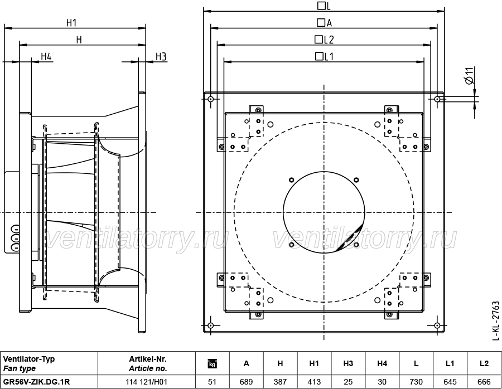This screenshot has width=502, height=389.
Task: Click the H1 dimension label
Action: click(x=72, y=23)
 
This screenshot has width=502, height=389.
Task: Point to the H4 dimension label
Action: click(x=46, y=57)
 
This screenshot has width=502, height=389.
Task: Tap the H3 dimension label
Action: click(x=161, y=57)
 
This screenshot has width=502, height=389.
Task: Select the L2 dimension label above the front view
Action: click(x=324, y=40)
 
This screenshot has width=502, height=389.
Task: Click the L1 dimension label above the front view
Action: click(x=324, y=57)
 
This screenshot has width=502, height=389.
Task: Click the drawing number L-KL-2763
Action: click(x=495, y=320)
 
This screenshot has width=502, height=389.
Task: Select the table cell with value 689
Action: click(x=246, y=382)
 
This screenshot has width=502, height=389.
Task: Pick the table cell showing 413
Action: click(x=314, y=382)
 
